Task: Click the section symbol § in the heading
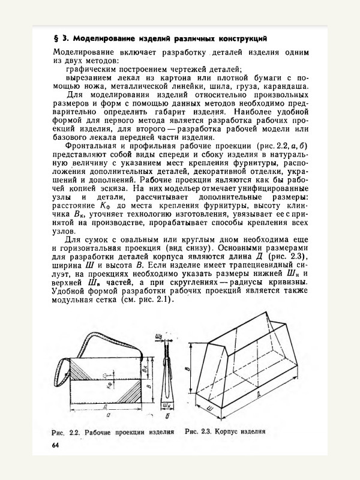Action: click(56, 39)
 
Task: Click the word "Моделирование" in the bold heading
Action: click(100, 39)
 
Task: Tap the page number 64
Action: click(56, 445)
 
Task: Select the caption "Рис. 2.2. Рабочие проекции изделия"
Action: click(112, 432)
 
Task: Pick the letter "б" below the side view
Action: click(167, 415)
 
